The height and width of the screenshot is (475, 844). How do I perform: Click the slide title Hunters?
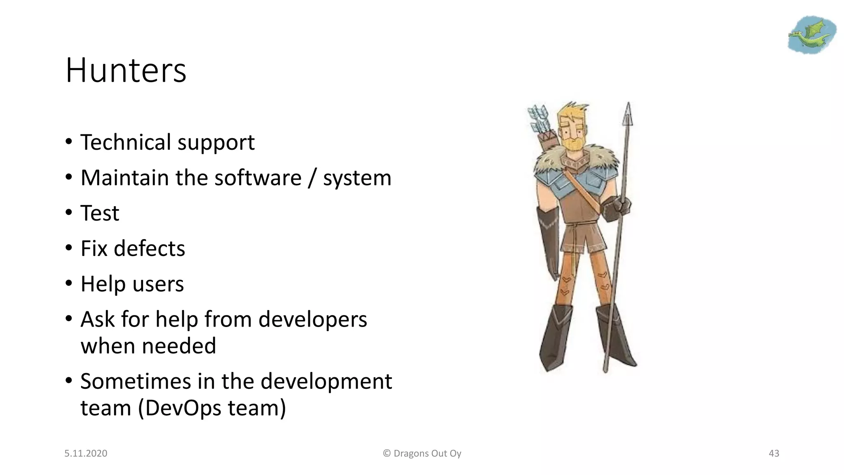pos(126,71)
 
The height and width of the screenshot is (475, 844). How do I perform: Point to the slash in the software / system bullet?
pos(312,178)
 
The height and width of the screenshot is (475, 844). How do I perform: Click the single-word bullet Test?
pos(100,213)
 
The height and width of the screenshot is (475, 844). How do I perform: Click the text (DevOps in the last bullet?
pos(180,408)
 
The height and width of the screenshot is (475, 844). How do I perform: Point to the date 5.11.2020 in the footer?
pos(86,454)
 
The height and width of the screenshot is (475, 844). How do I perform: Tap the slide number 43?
pos(774,454)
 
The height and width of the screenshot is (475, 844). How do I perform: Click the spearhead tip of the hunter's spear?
pos(628,113)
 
